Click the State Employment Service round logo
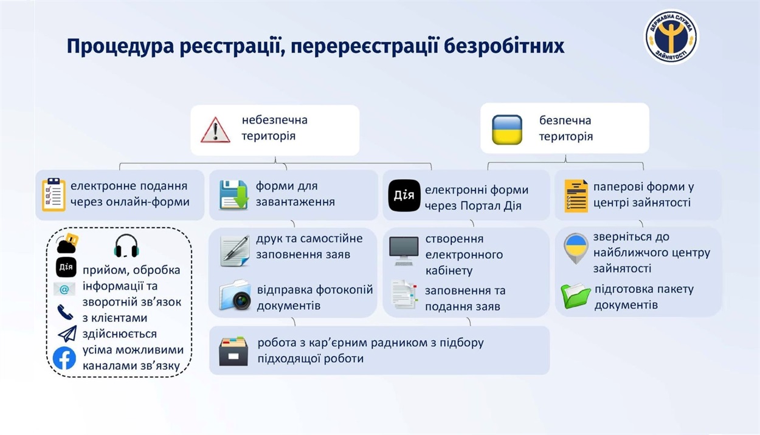tap(671, 36)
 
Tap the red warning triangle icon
tap(215, 130)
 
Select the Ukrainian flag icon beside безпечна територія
tap(507, 130)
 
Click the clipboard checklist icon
tap(54, 194)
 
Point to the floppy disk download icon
tap(233, 194)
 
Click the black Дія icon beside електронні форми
tap(404, 196)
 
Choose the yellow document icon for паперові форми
tap(576, 196)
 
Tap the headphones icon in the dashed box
tap(126, 246)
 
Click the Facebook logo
tap(64, 358)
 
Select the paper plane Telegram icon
tap(67, 334)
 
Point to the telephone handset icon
tap(65, 312)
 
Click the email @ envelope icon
tap(64, 289)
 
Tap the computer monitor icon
tap(404, 251)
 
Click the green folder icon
tap(576, 296)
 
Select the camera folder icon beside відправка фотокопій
tap(235, 295)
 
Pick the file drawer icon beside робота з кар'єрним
tap(233, 351)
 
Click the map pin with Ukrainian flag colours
tap(576, 248)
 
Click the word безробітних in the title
tap(504, 46)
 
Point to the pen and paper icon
tap(235, 251)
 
